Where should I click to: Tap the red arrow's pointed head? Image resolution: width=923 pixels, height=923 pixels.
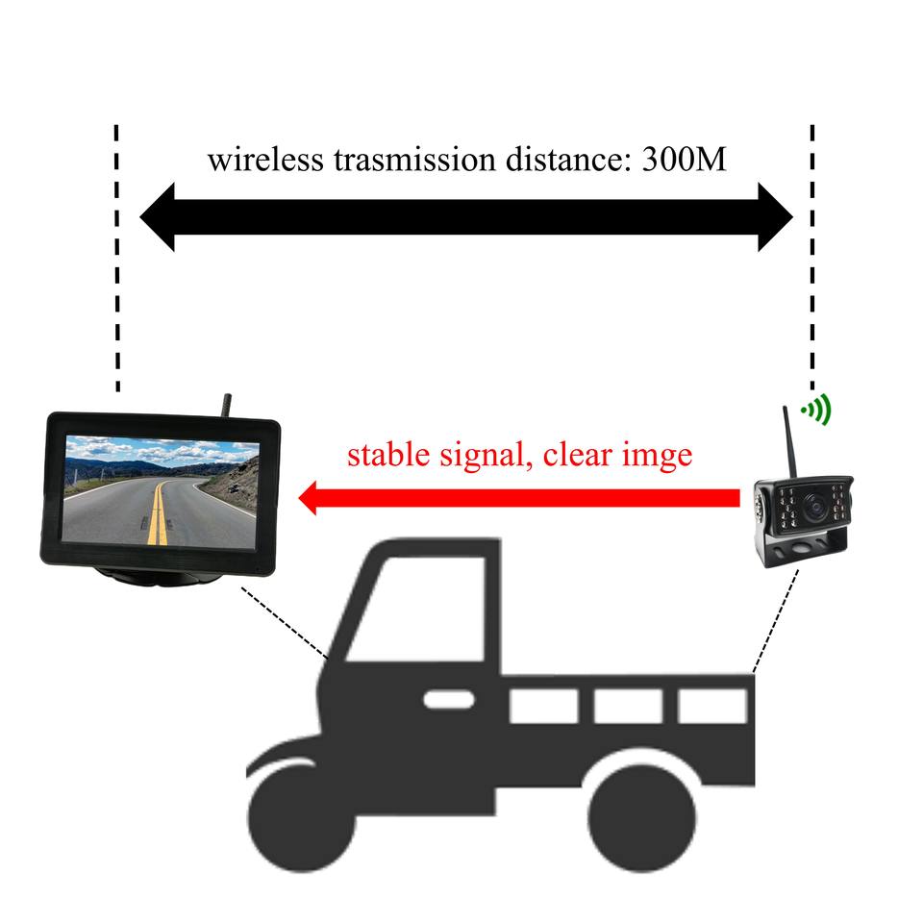(312, 499)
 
